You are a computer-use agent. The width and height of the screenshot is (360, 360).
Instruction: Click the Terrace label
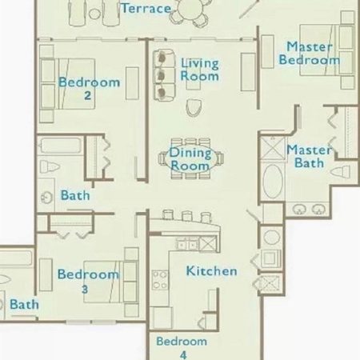tap(146, 8)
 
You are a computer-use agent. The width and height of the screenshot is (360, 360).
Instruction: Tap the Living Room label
tap(200, 70)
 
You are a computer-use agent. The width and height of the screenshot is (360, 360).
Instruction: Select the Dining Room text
tap(190, 159)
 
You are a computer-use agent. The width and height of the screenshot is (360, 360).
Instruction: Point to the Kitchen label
tap(211, 271)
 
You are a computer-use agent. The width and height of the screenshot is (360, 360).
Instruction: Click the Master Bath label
tap(310, 157)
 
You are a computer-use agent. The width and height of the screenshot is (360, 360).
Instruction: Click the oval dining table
tap(190, 159)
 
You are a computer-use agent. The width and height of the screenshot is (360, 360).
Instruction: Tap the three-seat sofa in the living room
tap(164, 75)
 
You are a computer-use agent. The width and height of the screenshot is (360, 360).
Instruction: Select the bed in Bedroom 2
tap(68, 84)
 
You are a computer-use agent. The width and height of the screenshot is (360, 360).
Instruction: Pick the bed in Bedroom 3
tap(110, 282)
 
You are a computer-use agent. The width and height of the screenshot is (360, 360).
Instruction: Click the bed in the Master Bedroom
tap(327, 50)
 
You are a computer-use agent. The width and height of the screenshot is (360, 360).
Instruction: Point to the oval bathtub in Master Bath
tap(273, 182)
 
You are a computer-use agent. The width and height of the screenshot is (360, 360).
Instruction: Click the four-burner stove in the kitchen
tap(160, 280)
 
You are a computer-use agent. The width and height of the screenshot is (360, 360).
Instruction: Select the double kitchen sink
tap(188, 245)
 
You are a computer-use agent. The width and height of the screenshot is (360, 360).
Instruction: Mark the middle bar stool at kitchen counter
tap(186, 216)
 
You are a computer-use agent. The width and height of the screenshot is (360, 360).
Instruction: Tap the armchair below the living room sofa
tap(194, 108)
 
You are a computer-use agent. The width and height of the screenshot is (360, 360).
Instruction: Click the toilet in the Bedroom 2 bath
tap(50, 166)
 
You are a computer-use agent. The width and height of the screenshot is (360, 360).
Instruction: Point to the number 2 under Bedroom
tap(87, 95)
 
